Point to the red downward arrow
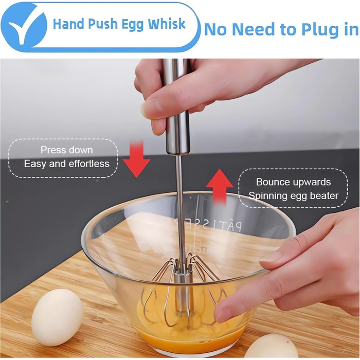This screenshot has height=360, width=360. click(136, 159)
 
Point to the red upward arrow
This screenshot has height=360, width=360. click(219, 186)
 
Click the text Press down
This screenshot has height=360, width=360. click(67, 150)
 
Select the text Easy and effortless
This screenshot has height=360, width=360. click(67, 164)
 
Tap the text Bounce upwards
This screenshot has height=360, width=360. click(294, 182)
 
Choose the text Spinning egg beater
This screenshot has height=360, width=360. click(294, 196)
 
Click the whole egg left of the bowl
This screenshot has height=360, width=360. click(57, 317)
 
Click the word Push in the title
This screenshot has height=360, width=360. click(102, 24)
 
